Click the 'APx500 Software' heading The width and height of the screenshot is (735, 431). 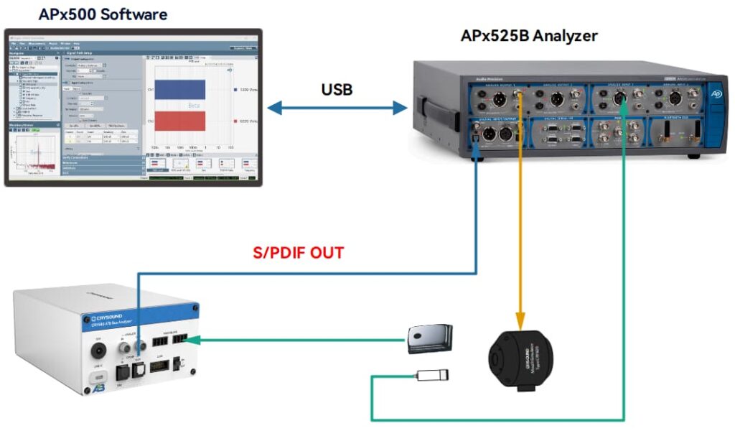pyautogui.click(x=103, y=14)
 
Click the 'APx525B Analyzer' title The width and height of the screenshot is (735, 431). pyautogui.click(x=529, y=35)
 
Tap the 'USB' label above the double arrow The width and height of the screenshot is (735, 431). pyautogui.click(x=337, y=90)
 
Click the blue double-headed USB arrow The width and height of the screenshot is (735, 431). pyautogui.click(x=337, y=108)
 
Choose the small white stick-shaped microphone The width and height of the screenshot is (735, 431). pyautogui.click(x=433, y=374)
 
